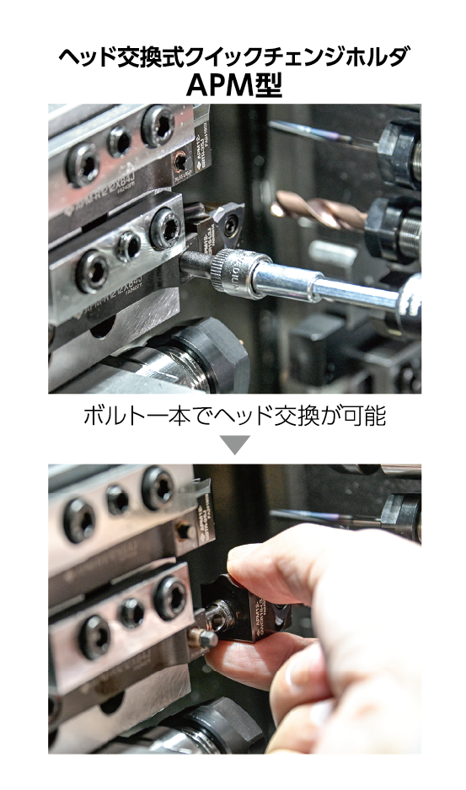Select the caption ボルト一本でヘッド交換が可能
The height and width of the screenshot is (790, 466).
coord(233,416)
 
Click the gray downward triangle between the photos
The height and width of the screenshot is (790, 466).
coord(233,445)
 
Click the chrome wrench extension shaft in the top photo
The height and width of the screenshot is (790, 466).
coord(337,287)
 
